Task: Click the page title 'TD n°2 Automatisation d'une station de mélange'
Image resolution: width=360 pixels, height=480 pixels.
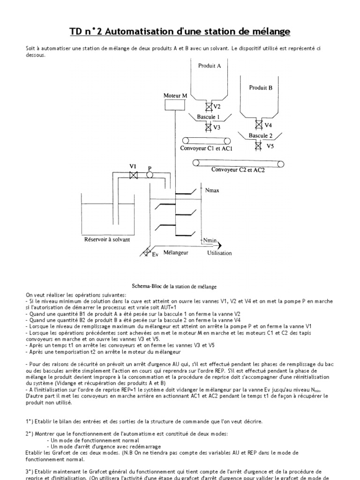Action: (x=180, y=31)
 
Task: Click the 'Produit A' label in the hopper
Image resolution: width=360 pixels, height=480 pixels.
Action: (x=210, y=66)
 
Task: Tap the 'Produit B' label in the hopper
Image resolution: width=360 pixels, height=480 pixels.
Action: (x=261, y=87)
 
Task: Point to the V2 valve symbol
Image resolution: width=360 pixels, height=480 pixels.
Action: (x=210, y=106)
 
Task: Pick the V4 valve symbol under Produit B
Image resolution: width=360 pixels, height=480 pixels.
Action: (x=258, y=125)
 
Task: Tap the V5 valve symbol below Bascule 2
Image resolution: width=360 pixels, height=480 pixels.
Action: (x=258, y=146)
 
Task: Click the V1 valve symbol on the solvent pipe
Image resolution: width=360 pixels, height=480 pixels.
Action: (x=133, y=175)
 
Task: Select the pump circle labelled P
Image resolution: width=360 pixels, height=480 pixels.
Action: (x=150, y=175)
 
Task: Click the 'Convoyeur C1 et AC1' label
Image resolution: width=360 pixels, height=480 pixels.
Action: (x=206, y=148)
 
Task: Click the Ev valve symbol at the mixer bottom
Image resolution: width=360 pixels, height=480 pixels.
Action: (x=147, y=252)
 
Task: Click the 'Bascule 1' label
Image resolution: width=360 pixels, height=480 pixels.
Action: (x=209, y=117)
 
